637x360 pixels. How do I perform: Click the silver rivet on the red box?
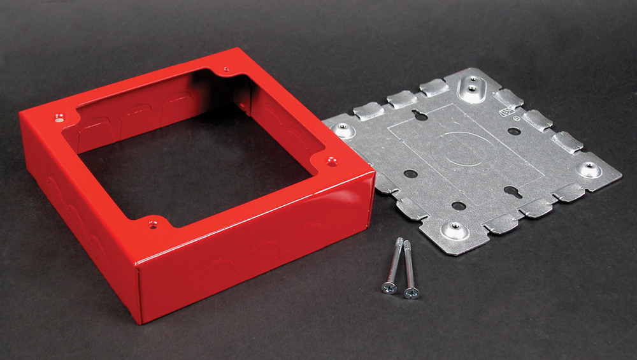(x=59, y=117)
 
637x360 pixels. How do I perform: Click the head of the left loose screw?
(x=389, y=287)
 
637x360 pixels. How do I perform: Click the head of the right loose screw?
(x=411, y=292)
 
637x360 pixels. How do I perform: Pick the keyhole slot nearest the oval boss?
(x=420, y=115)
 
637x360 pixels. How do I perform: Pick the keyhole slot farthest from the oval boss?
(x=513, y=191)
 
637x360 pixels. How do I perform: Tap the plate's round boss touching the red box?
(x=345, y=130)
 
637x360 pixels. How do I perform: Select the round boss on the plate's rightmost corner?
(x=589, y=169)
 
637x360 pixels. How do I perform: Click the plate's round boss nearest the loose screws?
(x=457, y=229)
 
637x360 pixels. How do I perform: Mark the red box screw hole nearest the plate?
(x=331, y=162)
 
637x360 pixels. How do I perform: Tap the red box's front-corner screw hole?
(x=152, y=224)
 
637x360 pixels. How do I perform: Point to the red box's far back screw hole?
(x=225, y=69)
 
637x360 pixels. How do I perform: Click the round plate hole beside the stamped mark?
(x=514, y=131)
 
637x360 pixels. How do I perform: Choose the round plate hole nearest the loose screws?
(x=458, y=206)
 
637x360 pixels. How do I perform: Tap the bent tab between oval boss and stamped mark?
(x=508, y=97)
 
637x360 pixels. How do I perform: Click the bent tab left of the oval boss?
(x=435, y=87)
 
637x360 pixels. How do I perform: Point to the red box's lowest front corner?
(x=141, y=319)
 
